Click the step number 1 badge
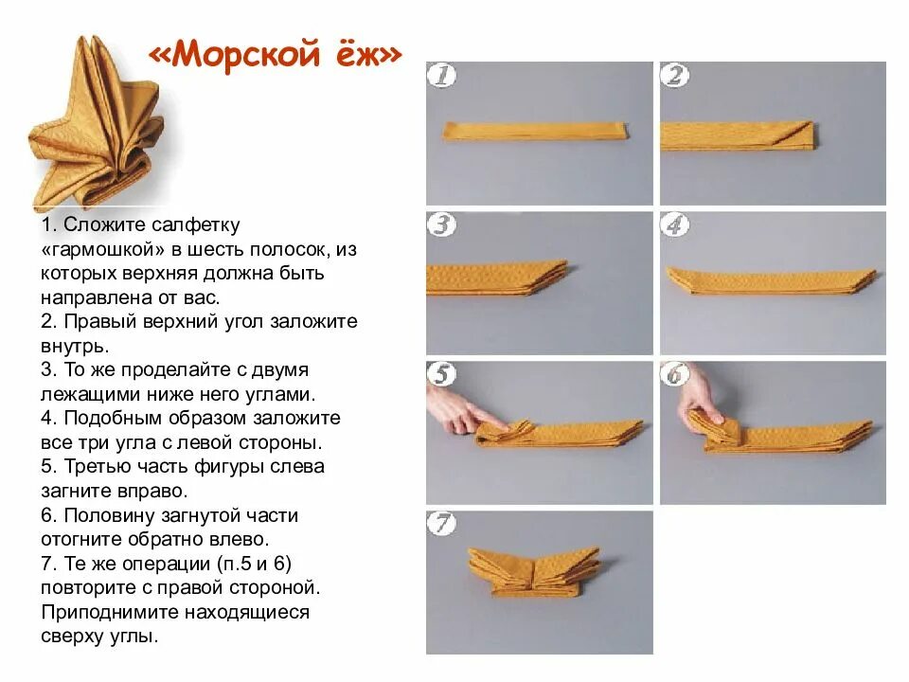pyautogui.click(x=440, y=75)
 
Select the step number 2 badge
pyautogui.click(x=674, y=75)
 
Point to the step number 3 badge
pyautogui.click(x=440, y=225)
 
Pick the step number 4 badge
pyautogui.click(x=674, y=225)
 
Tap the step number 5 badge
pyautogui.click(x=440, y=374)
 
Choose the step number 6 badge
pyautogui.click(x=674, y=374)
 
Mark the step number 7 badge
pyautogui.click(x=440, y=524)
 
